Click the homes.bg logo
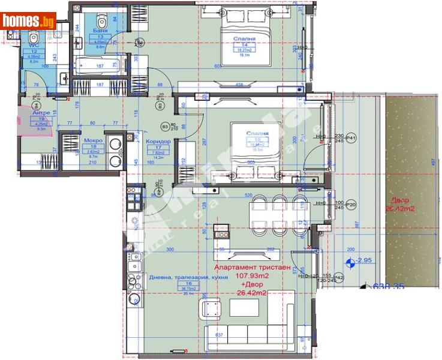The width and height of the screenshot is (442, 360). (28, 21)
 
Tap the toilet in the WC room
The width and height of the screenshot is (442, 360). (32, 40)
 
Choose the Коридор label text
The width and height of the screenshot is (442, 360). (158, 141)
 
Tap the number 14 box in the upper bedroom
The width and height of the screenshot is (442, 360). (245, 44)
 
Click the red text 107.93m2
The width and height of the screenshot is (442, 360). (252, 277)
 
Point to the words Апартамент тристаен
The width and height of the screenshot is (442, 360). (252, 268)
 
